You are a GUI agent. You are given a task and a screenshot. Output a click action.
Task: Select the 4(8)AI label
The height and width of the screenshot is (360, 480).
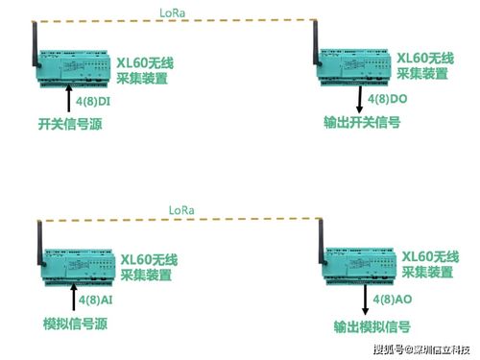[94, 300]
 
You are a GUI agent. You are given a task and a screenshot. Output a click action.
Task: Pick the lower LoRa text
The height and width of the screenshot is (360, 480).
[181, 209]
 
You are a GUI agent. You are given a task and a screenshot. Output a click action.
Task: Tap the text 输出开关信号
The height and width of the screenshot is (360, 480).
[363, 123]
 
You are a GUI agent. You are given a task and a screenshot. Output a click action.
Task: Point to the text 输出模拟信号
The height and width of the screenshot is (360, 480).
[366, 325]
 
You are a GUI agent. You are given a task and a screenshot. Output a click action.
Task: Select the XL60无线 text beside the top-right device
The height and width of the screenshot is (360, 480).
[425, 57]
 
